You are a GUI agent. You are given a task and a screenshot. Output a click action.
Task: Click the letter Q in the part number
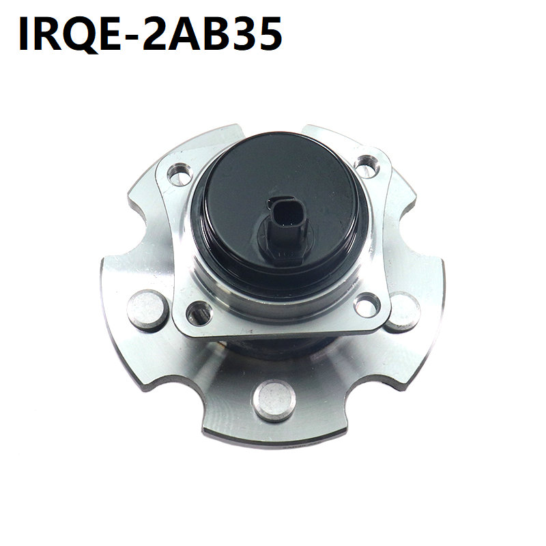(76, 34)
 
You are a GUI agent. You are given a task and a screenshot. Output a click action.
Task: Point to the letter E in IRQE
(109, 33)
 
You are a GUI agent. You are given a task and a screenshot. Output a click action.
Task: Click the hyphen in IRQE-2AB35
(131, 38)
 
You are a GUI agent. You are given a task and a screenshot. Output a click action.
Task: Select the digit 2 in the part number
(156, 33)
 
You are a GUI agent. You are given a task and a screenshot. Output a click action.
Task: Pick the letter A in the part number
(186, 33)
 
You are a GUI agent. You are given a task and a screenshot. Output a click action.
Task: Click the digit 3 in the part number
(247, 33)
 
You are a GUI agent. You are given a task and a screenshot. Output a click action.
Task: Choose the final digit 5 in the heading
(270, 33)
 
